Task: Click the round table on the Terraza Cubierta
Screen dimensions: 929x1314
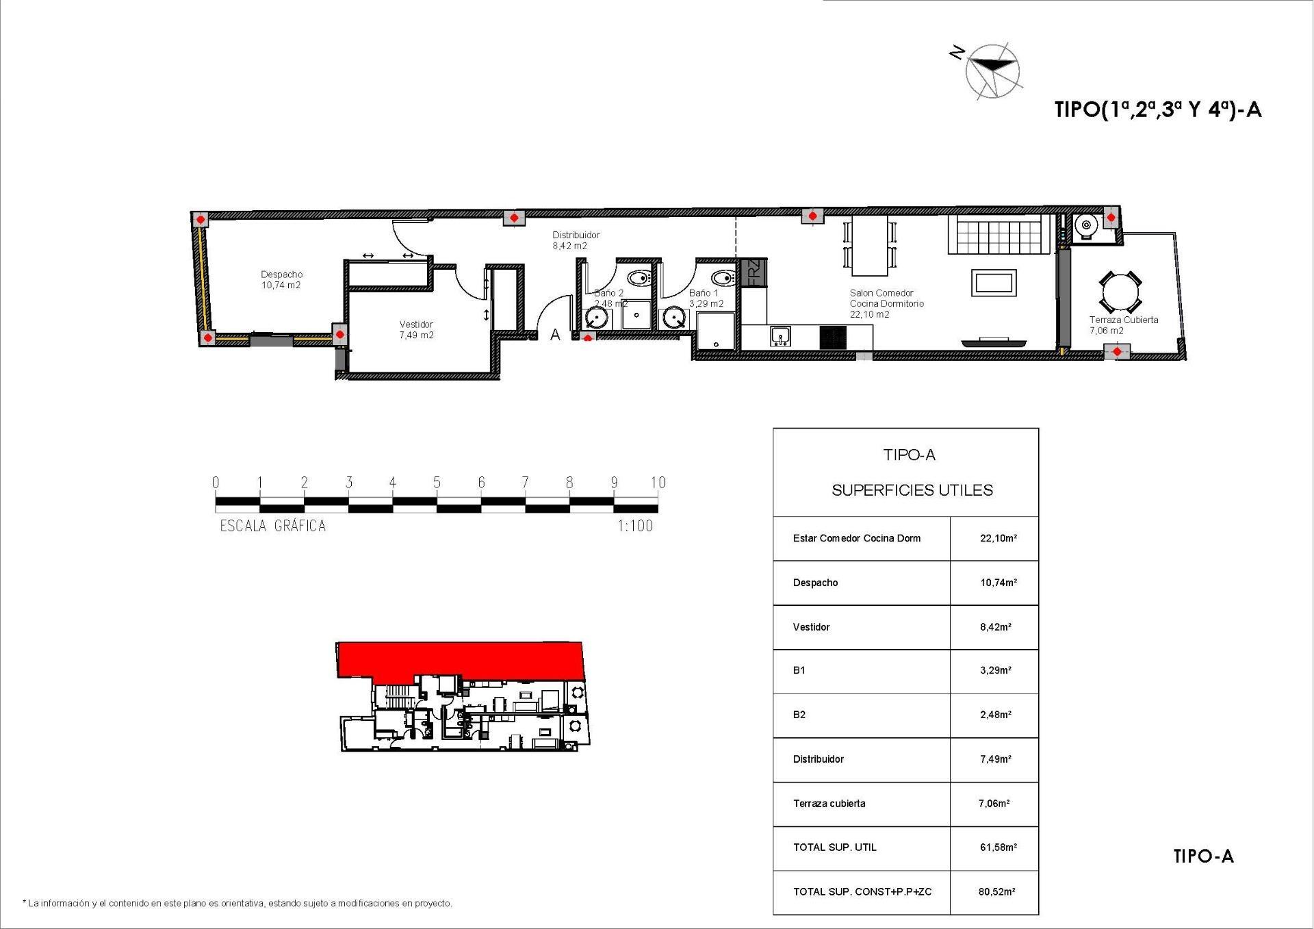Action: (1120, 293)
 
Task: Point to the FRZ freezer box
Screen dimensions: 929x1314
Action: (753, 272)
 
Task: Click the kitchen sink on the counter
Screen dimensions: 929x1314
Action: (780, 336)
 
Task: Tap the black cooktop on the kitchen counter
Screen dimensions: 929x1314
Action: (833, 337)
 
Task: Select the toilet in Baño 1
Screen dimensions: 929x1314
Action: (722, 278)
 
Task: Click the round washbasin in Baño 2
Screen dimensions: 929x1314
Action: (598, 318)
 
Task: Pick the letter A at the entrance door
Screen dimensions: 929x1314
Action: (556, 335)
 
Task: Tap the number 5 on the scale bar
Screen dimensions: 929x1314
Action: (437, 483)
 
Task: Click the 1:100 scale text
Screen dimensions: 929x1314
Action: (635, 526)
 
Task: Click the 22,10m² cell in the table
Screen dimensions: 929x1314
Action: (998, 538)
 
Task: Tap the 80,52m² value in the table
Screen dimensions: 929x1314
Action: (996, 891)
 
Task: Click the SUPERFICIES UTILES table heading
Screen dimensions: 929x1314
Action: (912, 490)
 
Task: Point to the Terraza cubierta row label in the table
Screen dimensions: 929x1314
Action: (829, 803)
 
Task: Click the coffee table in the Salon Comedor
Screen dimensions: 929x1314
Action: (994, 283)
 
